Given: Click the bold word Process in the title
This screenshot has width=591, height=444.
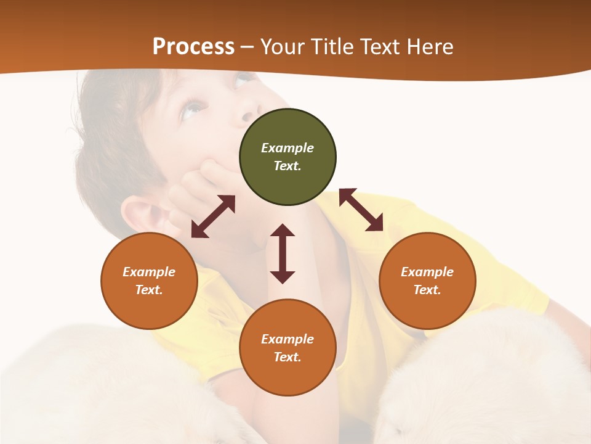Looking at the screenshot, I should pyautogui.click(x=193, y=47).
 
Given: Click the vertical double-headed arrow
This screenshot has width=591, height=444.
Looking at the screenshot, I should pyautogui.click(x=283, y=253).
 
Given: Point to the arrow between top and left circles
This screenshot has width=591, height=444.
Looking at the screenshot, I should pyautogui.click(x=213, y=216).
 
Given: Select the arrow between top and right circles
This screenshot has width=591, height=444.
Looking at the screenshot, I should pyautogui.click(x=361, y=210).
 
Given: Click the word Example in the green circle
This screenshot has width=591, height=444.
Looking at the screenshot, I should pyautogui.click(x=287, y=148).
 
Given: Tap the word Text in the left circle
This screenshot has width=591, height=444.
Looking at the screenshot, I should pyautogui.click(x=149, y=290).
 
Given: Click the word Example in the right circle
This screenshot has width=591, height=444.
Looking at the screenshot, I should pyautogui.click(x=427, y=272).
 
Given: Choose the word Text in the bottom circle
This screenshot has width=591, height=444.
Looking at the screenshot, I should pyautogui.click(x=287, y=357).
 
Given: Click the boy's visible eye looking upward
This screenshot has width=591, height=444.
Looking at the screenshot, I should pyautogui.click(x=191, y=110).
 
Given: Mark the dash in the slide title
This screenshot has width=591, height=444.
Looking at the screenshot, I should pyautogui.click(x=247, y=47).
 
